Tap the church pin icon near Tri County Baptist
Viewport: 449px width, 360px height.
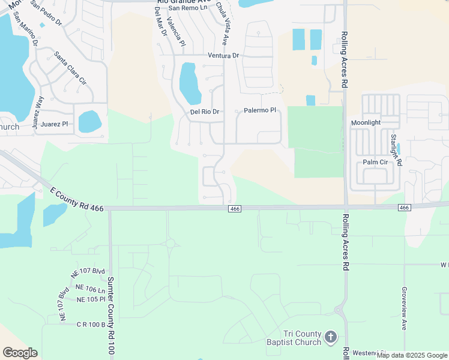click(x=331, y=338)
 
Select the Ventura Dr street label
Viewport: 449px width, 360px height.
click(x=223, y=56)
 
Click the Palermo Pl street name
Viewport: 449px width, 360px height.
click(x=259, y=110)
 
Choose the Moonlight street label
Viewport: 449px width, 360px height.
click(x=366, y=122)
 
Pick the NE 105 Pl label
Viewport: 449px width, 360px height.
click(x=91, y=299)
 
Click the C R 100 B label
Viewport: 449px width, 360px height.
click(x=91, y=325)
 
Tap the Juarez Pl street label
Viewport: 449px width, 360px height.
click(x=55, y=124)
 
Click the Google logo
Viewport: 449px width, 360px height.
click(x=20, y=353)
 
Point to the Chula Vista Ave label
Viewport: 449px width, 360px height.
click(x=223, y=32)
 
